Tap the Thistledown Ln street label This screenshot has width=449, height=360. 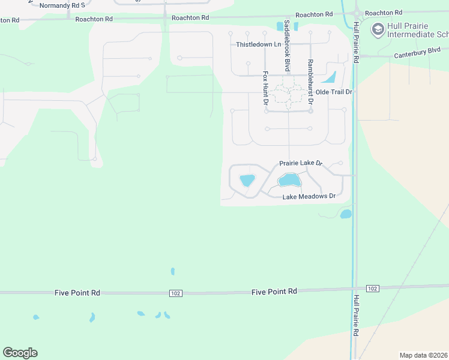coord(258,44)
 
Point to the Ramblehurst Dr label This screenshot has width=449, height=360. coord(310,82)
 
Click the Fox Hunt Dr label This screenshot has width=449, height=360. coord(265,88)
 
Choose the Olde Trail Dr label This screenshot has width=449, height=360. coord(333,92)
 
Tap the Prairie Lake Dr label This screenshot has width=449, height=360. coord(301,163)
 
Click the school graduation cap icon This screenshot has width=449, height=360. coord(378,28)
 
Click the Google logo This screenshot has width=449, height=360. coord(20,353)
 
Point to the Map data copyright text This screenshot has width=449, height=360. coord(423,355)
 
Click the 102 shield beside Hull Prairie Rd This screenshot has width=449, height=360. coord(372,289)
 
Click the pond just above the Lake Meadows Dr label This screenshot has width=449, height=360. coord(289,180)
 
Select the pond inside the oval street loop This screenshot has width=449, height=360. coord(247,180)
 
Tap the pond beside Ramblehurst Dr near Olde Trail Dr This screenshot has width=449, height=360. coord(328,77)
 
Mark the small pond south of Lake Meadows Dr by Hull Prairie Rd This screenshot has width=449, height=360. coord(345,214)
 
